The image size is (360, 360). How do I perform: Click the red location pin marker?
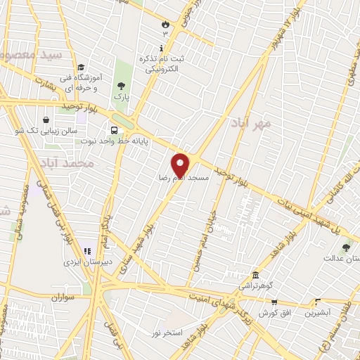coord(181,165)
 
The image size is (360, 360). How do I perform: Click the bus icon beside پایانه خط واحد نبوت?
coord(114,129)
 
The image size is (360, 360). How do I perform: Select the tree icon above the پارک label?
coord(121,86)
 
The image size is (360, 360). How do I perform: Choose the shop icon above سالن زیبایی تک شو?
coord(45,120)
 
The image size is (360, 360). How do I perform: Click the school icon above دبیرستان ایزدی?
coord(88,250)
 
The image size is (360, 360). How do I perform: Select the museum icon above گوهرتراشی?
coord(255,276)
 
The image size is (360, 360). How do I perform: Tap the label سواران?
coord(61,297)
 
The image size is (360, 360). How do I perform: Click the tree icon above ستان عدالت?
coord(345,247)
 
